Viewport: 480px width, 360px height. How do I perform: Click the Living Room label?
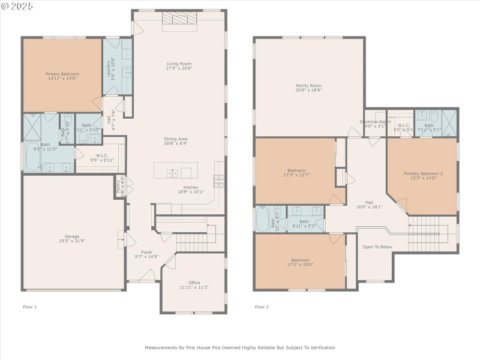coord(179,64)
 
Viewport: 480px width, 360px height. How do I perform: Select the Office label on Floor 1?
coord(194,283)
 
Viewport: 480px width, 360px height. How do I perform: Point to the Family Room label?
coord(308,86)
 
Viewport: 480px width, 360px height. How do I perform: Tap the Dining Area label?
coord(176,139)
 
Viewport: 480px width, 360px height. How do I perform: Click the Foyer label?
coord(146,252)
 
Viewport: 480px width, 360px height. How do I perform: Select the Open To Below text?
coord(377,247)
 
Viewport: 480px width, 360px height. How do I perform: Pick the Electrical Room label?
coord(375,121)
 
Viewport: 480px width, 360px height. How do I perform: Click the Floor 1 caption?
coord(29,307)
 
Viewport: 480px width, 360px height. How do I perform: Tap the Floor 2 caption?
coord(262,307)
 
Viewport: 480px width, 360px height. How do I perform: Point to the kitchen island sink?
coord(173,173)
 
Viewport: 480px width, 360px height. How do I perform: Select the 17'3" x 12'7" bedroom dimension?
coord(296,175)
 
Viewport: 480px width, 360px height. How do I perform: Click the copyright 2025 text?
coord(17,5)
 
